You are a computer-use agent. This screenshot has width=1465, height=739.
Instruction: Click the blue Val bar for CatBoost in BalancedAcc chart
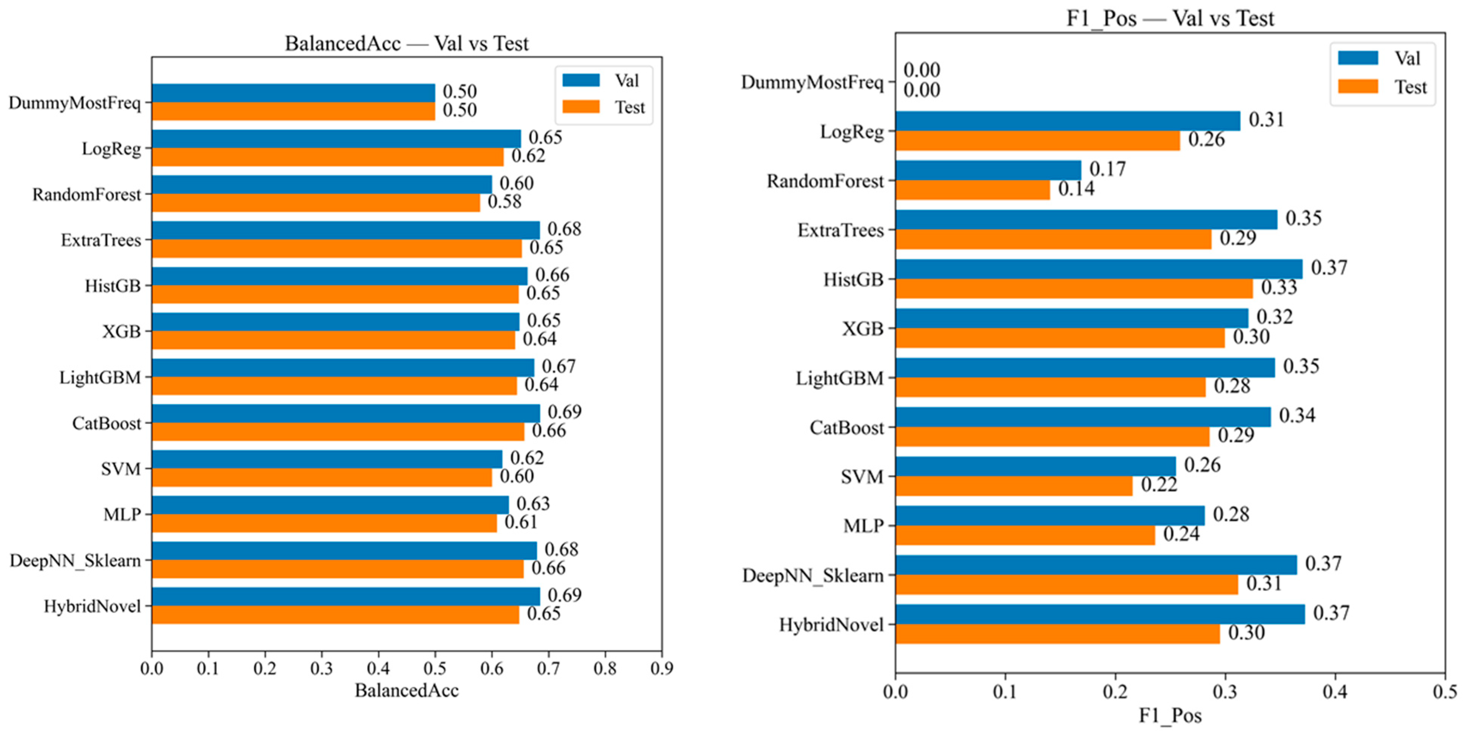[x=346, y=414]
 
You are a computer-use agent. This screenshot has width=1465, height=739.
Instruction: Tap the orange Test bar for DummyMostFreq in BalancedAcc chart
[x=293, y=111]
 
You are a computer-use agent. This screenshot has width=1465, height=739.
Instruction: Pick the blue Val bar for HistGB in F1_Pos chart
[x=1099, y=269]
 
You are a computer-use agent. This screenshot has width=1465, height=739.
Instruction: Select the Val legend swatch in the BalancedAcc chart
[x=581, y=80]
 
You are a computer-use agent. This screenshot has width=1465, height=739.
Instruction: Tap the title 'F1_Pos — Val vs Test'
[x=1170, y=18]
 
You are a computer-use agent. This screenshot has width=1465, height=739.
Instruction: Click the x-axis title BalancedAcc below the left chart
[x=407, y=690]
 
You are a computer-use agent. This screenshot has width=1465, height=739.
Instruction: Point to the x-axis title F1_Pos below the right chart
[x=1170, y=715]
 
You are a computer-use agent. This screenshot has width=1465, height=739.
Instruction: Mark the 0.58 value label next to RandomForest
[x=504, y=201]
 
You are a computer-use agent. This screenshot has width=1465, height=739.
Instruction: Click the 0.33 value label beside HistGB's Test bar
[x=1279, y=287]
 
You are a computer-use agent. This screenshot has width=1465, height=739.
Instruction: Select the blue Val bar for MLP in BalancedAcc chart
[x=330, y=505]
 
